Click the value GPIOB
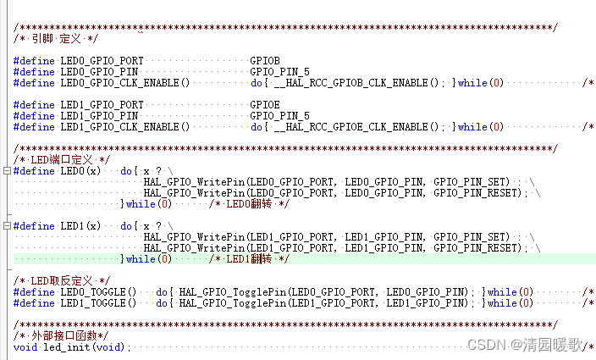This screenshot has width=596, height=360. pyautogui.click(x=265, y=61)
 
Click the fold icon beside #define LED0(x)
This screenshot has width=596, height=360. pyautogui.click(x=7, y=171)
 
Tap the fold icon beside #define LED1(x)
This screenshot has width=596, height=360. pyautogui.click(x=7, y=226)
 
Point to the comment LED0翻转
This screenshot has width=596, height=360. pyautogui.click(x=251, y=204)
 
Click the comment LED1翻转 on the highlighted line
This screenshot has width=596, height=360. pyautogui.click(x=251, y=259)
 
